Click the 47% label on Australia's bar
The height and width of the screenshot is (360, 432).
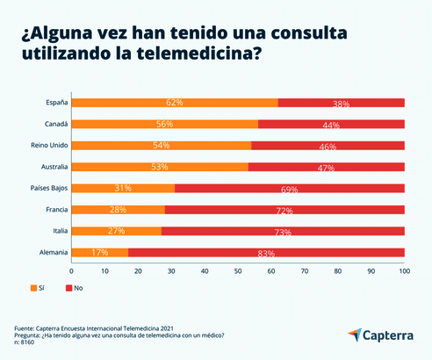tap(326, 168)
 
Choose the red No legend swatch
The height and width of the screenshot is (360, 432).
tap(68, 288)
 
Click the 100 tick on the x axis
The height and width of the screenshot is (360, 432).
tap(404, 271)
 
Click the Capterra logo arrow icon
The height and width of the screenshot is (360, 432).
tap(355, 335)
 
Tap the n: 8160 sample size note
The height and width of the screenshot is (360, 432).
tap(32, 342)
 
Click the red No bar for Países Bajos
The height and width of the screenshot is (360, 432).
tap(290, 188)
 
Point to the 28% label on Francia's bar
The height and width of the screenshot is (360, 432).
tap(118, 211)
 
